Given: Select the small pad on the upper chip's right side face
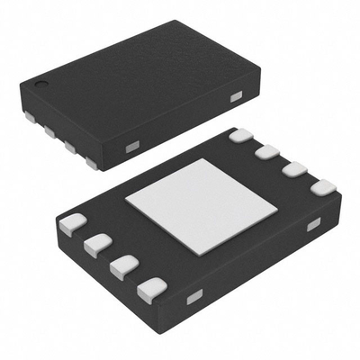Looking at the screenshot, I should (237, 96).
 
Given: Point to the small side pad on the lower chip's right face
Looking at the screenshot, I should (312, 225).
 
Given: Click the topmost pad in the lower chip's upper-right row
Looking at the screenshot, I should (241, 136).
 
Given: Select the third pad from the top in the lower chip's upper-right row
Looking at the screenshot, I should (293, 170).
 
